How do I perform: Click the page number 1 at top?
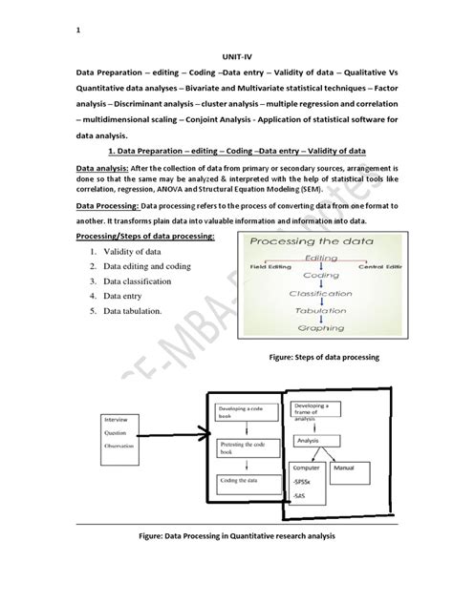[x=78, y=31]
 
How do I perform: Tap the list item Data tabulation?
[x=139, y=311]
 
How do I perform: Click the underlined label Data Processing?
[x=105, y=206]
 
